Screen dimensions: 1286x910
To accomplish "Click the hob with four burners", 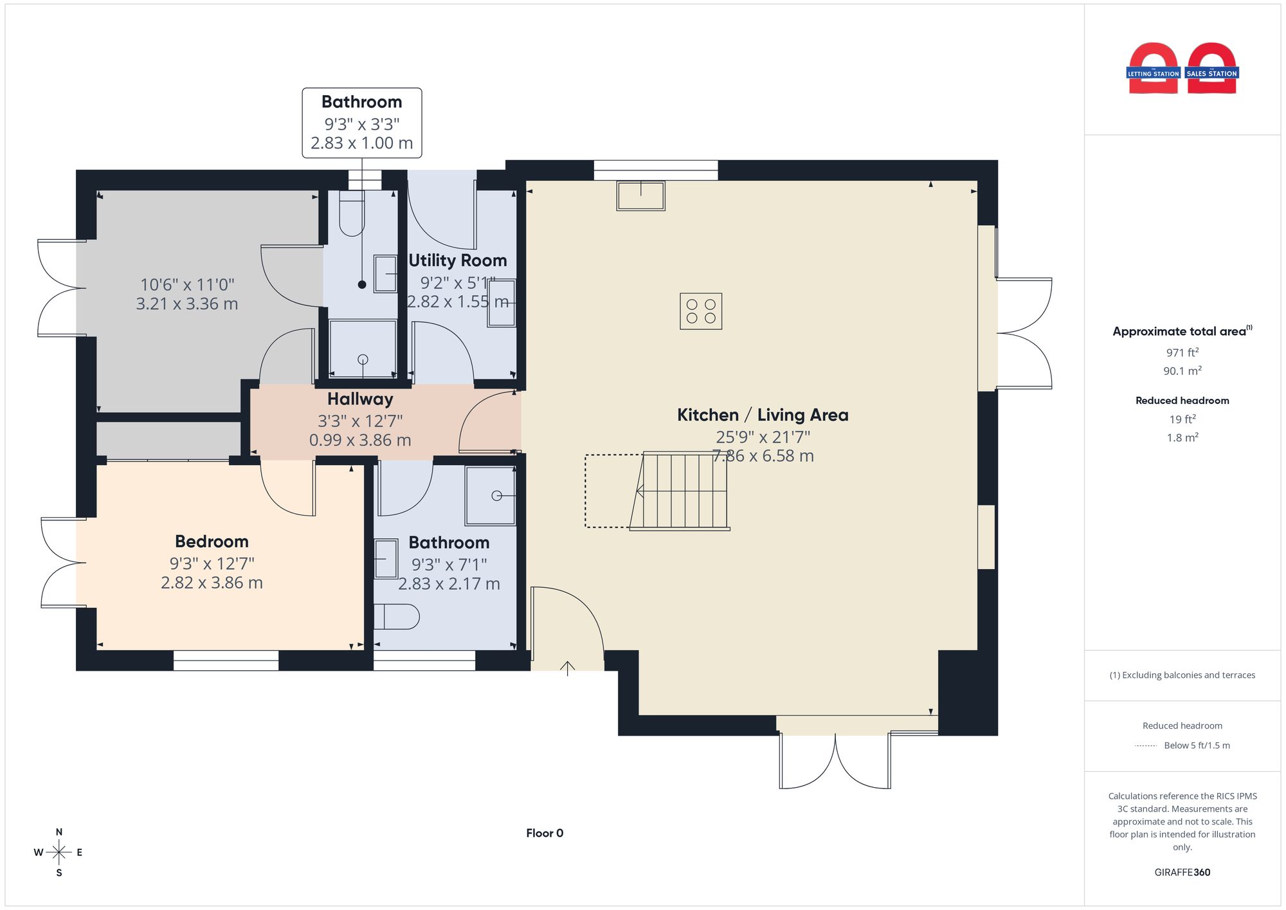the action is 701,311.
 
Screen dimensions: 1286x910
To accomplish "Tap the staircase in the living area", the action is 680,491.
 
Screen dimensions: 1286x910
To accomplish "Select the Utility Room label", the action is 458,260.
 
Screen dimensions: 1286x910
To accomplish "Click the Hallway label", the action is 360,399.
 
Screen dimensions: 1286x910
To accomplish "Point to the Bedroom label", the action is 212,541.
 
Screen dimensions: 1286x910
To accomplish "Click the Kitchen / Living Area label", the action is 763,415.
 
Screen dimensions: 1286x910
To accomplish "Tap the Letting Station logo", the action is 1154,69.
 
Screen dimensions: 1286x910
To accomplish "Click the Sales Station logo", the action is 1212,69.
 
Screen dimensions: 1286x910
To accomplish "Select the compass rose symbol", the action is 59,853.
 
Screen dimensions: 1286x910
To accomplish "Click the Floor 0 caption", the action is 545,833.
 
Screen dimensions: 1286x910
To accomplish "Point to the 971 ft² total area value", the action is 1182,352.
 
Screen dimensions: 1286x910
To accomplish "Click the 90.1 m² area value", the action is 1182,370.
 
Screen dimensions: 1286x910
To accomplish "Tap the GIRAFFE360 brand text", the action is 1182,873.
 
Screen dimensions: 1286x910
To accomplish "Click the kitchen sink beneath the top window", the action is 641,196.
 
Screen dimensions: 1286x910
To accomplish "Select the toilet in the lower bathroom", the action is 396,617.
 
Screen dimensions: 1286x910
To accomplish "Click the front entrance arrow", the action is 567,669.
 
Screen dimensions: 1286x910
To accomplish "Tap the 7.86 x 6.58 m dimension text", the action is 763,456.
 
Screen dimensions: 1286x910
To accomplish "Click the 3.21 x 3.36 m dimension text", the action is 187,304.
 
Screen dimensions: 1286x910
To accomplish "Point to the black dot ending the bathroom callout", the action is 362,284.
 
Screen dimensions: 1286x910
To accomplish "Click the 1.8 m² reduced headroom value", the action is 1182,437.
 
